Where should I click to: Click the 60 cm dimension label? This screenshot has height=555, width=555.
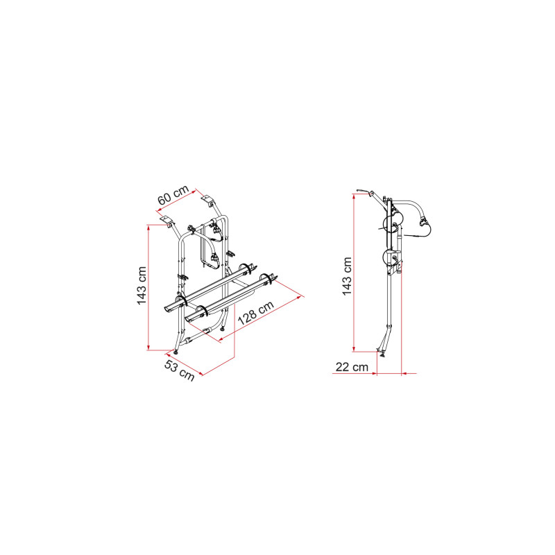click(x=173, y=195)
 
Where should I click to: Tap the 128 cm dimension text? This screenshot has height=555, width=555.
click(x=256, y=313)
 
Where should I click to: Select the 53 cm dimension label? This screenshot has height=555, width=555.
click(x=180, y=370)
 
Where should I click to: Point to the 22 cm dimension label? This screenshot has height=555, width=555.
click(x=352, y=367)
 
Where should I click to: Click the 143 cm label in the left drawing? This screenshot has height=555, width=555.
click(x=142, y=286)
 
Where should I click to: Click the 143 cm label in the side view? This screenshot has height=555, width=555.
click(x=347, y=276)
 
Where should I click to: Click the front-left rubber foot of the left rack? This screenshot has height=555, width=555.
click(x=176, y=351)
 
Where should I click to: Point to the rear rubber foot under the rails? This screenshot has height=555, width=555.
click(x=222, y=329)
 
